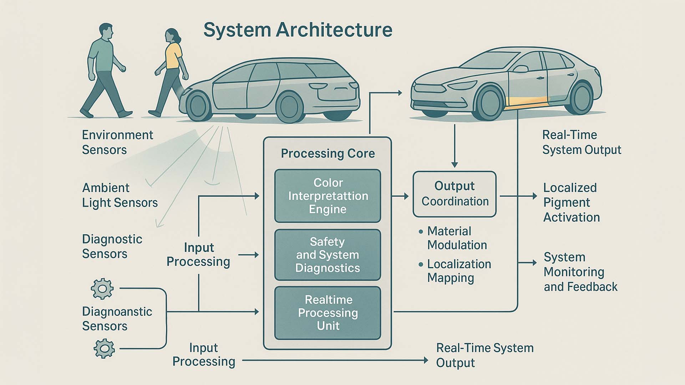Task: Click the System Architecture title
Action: click(298, 30)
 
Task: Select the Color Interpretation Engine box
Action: click(328, 196)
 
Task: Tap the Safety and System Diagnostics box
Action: click(328, 255)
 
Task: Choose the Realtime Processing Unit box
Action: click(328, 313)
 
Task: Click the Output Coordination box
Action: click(455, 194)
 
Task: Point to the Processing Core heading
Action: click(328, 154)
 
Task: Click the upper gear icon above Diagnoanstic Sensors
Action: click(102, 288)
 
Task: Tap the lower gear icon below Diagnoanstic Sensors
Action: click(104, 348)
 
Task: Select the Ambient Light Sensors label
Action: click(120, 195)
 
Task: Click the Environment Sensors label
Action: click(117, 142)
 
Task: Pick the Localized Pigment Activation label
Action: click(571, 202)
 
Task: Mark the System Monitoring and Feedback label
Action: click(580, 272)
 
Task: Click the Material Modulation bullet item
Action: click(457, 238)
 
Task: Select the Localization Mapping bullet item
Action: click(458, 271)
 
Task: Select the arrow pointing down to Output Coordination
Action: click(454, 146)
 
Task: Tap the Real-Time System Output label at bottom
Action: click(484, 355)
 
